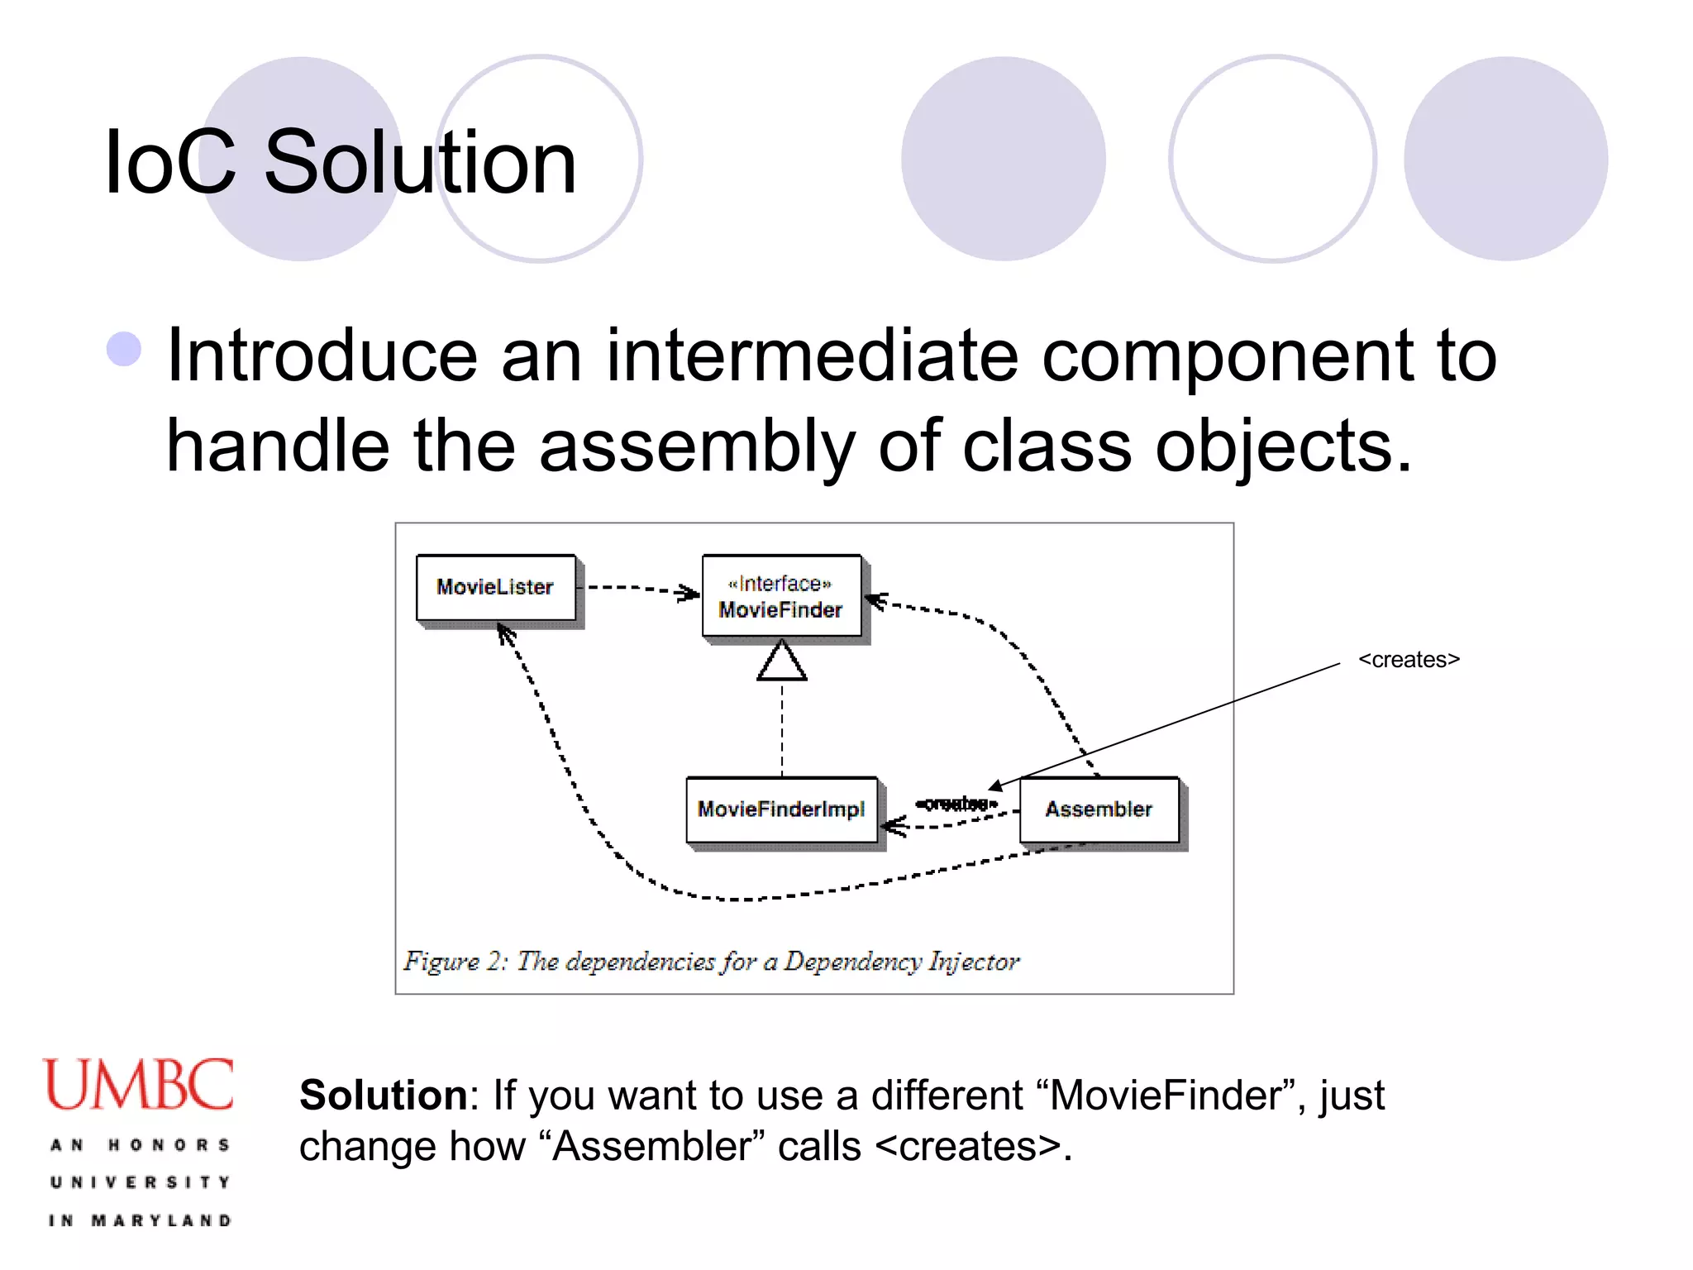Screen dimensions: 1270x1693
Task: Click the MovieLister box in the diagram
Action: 496,587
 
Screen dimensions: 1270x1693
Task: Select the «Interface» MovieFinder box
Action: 781,596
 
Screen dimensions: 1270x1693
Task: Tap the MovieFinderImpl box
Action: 781,809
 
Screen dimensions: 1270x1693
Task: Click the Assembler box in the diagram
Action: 1099,809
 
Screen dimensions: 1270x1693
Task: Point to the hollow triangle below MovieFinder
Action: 782,662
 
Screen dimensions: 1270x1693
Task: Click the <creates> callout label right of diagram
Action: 1409,660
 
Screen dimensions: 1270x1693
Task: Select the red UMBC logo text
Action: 139,1085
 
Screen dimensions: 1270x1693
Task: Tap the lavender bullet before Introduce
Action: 125,349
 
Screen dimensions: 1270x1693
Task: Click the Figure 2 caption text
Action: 711,962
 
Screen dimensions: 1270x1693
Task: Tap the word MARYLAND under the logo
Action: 161,1220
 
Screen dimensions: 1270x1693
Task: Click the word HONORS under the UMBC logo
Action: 169,1145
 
